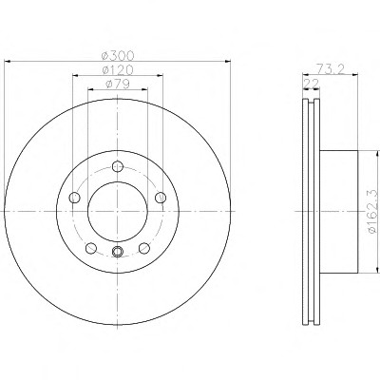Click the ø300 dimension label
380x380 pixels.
click(118, 56)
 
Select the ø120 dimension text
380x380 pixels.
click(118, 69)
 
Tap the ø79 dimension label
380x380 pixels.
click(118, 84)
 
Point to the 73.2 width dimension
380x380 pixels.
click(331, 68)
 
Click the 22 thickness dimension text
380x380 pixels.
click(311, 84)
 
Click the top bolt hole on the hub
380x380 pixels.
click(118, 166)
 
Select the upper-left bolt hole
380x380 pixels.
click(74, 198)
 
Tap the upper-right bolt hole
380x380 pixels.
click(161, 198)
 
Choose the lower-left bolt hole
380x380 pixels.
click(91, 248)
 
